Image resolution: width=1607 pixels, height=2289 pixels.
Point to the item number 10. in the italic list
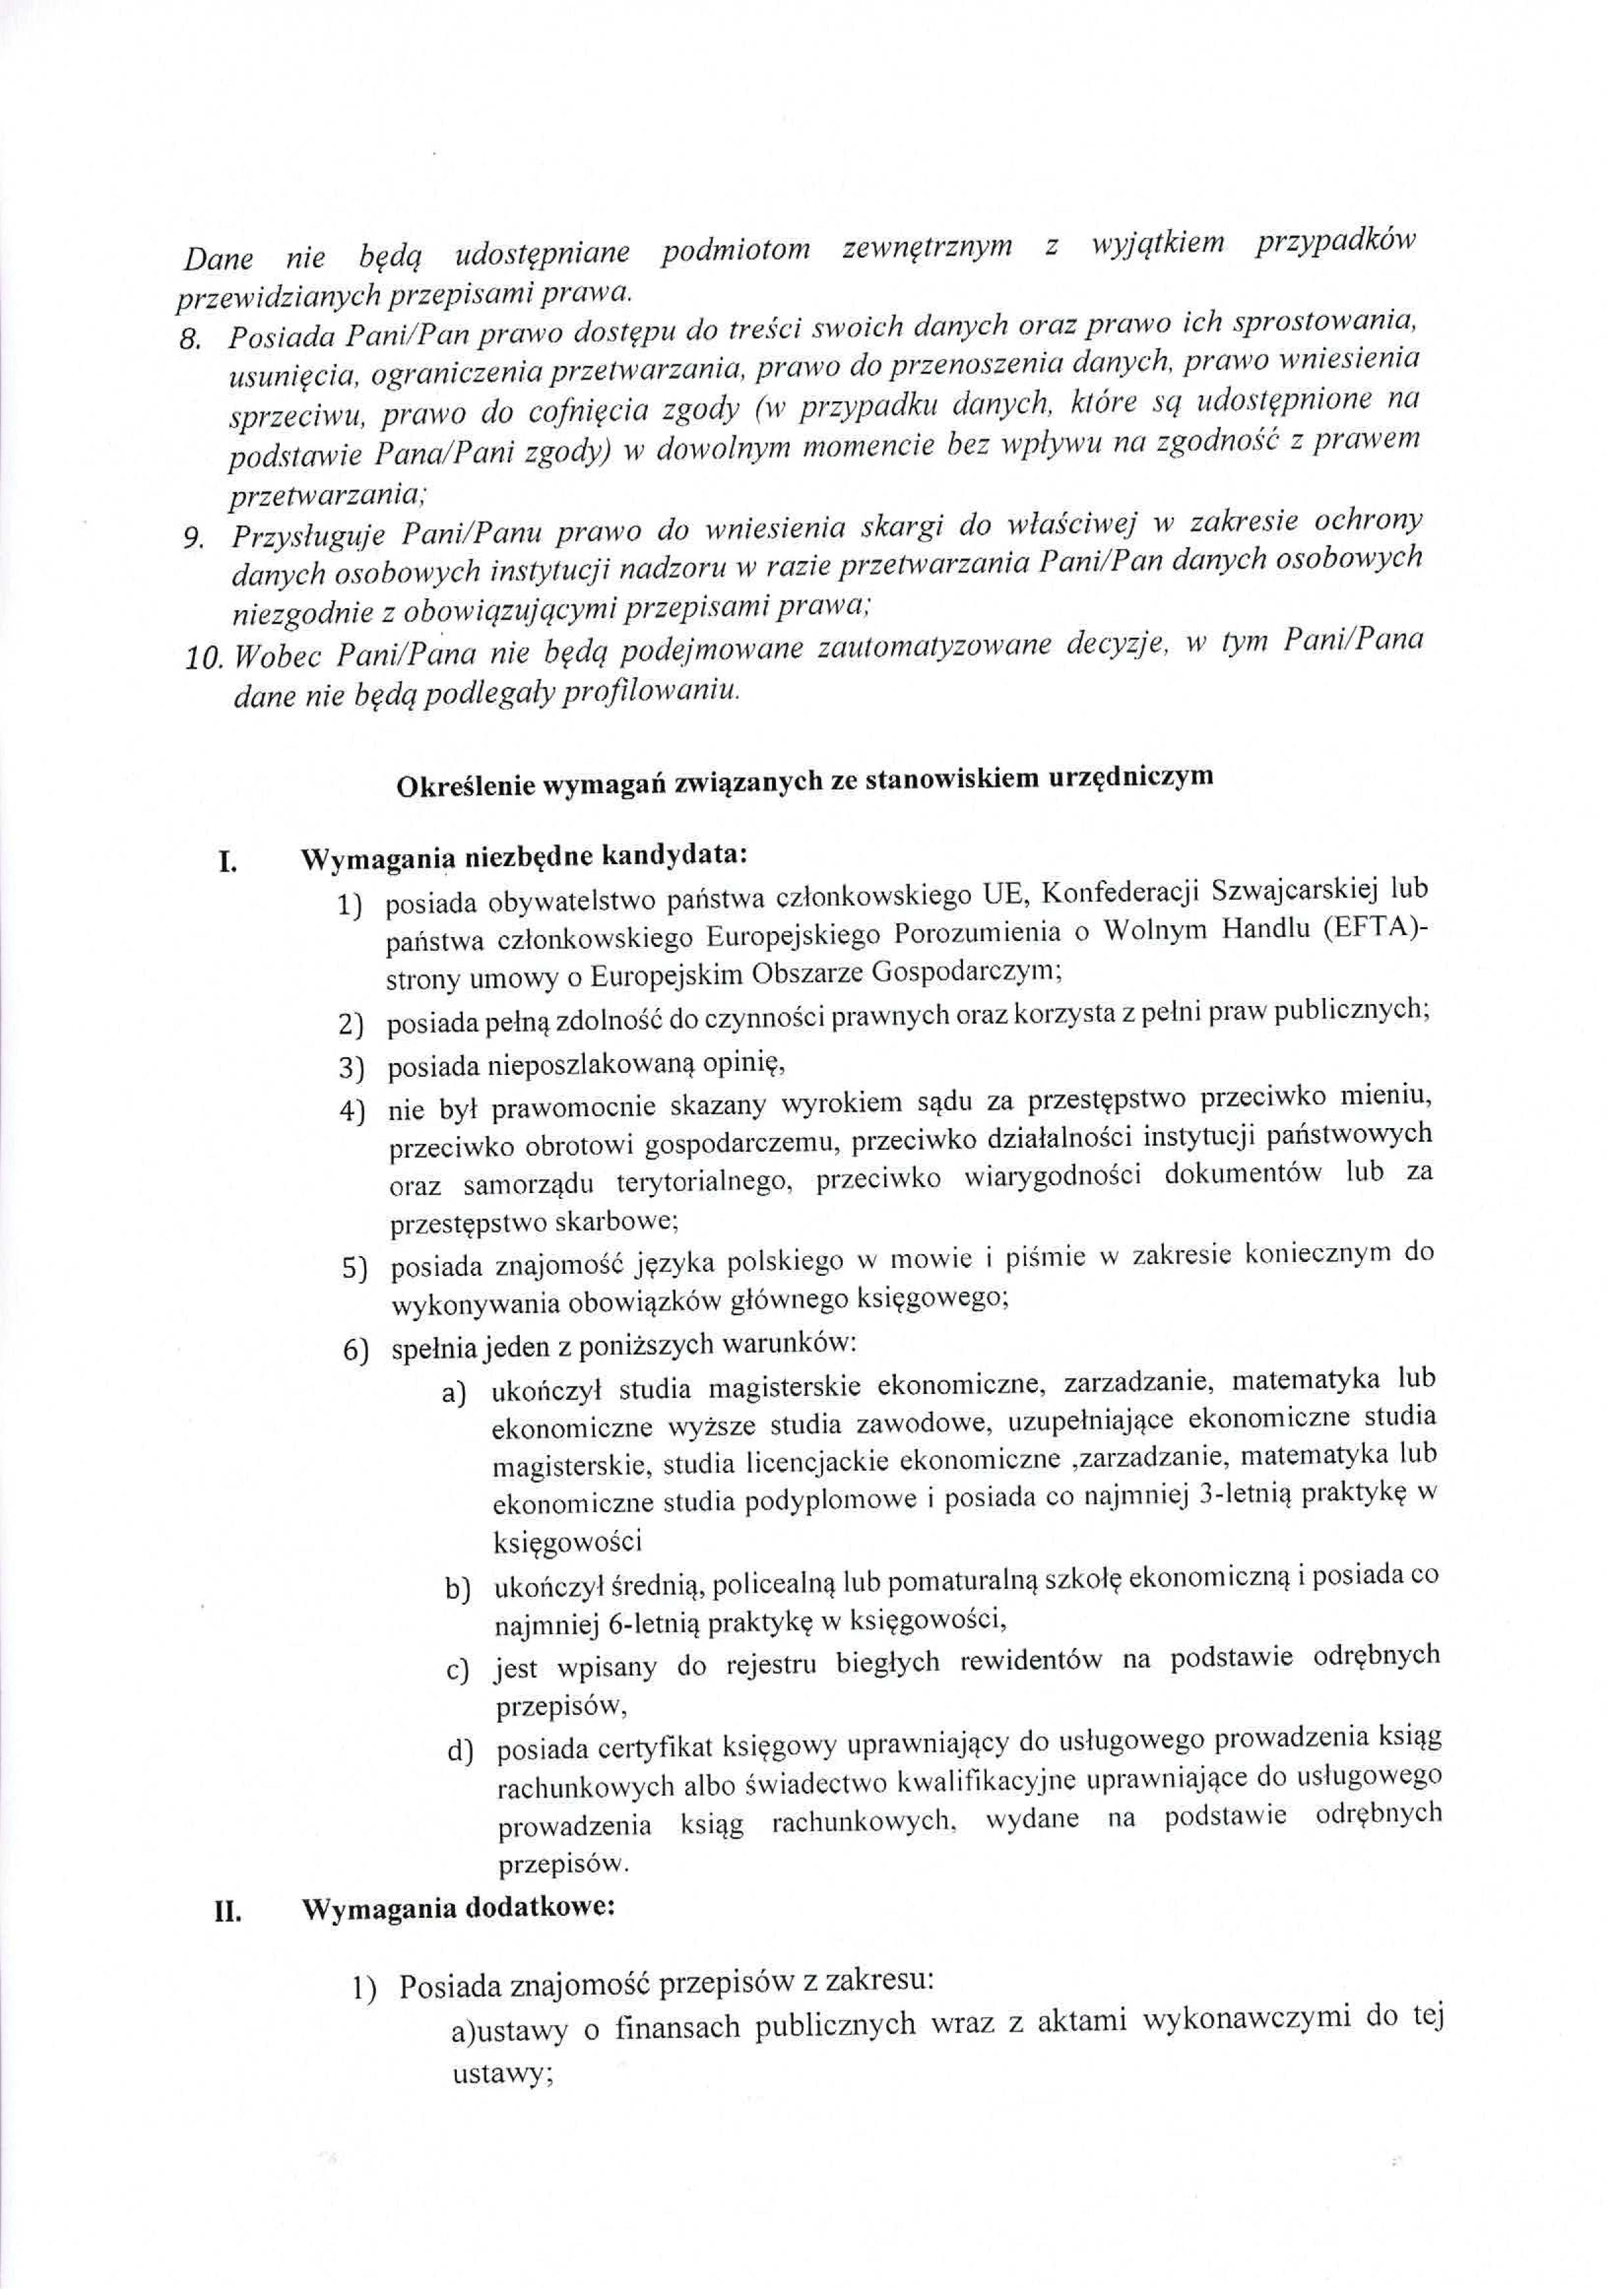click(x=204, y=658)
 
